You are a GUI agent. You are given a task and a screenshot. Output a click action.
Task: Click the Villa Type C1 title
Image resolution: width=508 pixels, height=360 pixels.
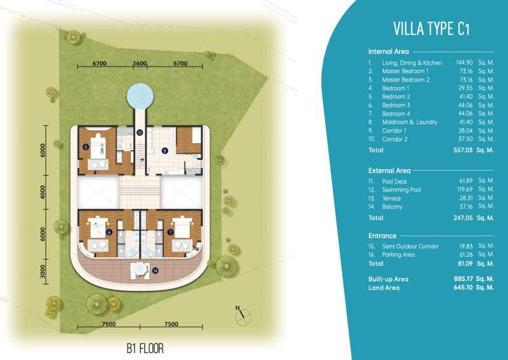[x=431, y=29]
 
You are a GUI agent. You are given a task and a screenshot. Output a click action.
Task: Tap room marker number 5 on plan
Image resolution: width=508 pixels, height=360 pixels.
[x=86, y=147]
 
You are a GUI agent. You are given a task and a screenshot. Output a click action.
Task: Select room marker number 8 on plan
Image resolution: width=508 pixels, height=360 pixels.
[x=164, y=150]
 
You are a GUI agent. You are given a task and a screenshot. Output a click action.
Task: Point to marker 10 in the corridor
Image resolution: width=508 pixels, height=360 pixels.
[x=140, y=132]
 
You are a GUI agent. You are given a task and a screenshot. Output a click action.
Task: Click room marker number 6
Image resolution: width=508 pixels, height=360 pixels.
[x=109, y=232]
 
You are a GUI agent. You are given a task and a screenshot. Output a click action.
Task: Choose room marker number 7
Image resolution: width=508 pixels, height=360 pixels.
[x=170, y=232]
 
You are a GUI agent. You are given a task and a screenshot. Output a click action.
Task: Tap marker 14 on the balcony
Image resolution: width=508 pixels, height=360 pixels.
[x=155, y=270]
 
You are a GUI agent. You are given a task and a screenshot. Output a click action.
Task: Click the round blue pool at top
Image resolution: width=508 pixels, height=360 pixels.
[x=140, y=97]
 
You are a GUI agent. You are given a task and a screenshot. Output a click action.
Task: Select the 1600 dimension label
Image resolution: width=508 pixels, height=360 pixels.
[x=140, y=63]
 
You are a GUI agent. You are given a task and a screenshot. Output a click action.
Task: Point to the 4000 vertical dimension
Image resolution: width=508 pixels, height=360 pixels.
[x=43, y=192]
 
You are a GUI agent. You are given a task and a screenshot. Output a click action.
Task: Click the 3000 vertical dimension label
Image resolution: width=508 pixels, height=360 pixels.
[x=43, y=271]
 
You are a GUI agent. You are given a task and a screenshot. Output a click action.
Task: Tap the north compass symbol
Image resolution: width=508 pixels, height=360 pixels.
[x=243, y=316]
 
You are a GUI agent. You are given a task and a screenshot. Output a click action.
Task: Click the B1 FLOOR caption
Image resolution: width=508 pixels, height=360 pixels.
[x=145, y=349]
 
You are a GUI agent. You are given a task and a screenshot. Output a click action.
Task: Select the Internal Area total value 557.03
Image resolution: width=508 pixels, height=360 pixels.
[x=463, y=150]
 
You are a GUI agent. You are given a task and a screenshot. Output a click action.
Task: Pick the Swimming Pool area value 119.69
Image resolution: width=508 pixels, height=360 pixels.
[x=465, y=190]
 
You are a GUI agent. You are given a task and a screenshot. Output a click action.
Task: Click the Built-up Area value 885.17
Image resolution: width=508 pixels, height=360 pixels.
[x=464, y=279]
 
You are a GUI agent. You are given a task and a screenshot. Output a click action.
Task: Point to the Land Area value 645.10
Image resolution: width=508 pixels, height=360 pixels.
[x=464, y=288]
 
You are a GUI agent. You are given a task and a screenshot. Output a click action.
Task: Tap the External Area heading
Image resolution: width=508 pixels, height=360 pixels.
[x=389, y=170]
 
